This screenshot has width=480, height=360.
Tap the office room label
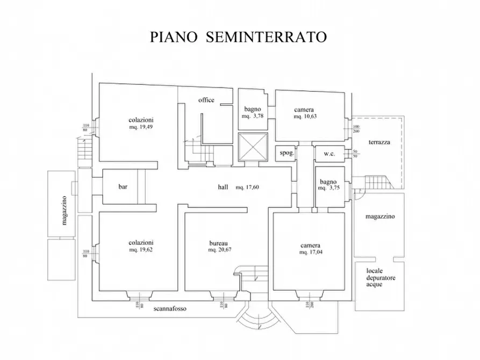click(206, 100)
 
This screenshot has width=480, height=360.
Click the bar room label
click(123, 187)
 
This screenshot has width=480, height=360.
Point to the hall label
click(223, 187)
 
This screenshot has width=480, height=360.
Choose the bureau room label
click(219, 242)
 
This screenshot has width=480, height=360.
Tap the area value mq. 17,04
click(311, 251)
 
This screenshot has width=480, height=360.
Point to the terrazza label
click(379, 142)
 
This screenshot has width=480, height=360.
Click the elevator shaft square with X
click(252, 147)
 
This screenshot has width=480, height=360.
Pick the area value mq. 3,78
click(252, 116)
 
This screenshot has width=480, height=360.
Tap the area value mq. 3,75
click(328, 189)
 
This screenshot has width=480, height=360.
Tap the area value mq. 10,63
click(304, 116)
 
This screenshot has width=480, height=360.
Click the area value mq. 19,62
click(141, 250)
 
